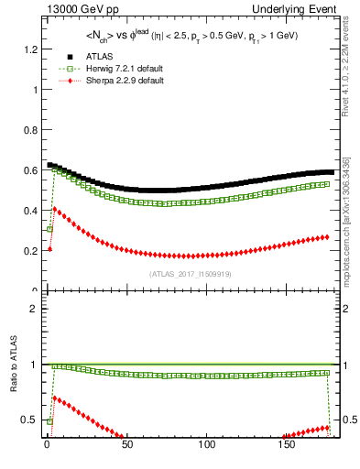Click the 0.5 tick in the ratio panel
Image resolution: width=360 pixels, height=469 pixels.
(32, 420)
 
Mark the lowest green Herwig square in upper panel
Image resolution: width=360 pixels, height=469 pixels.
(49, 228)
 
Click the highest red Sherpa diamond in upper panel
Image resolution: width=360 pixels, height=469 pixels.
(54, 210)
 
